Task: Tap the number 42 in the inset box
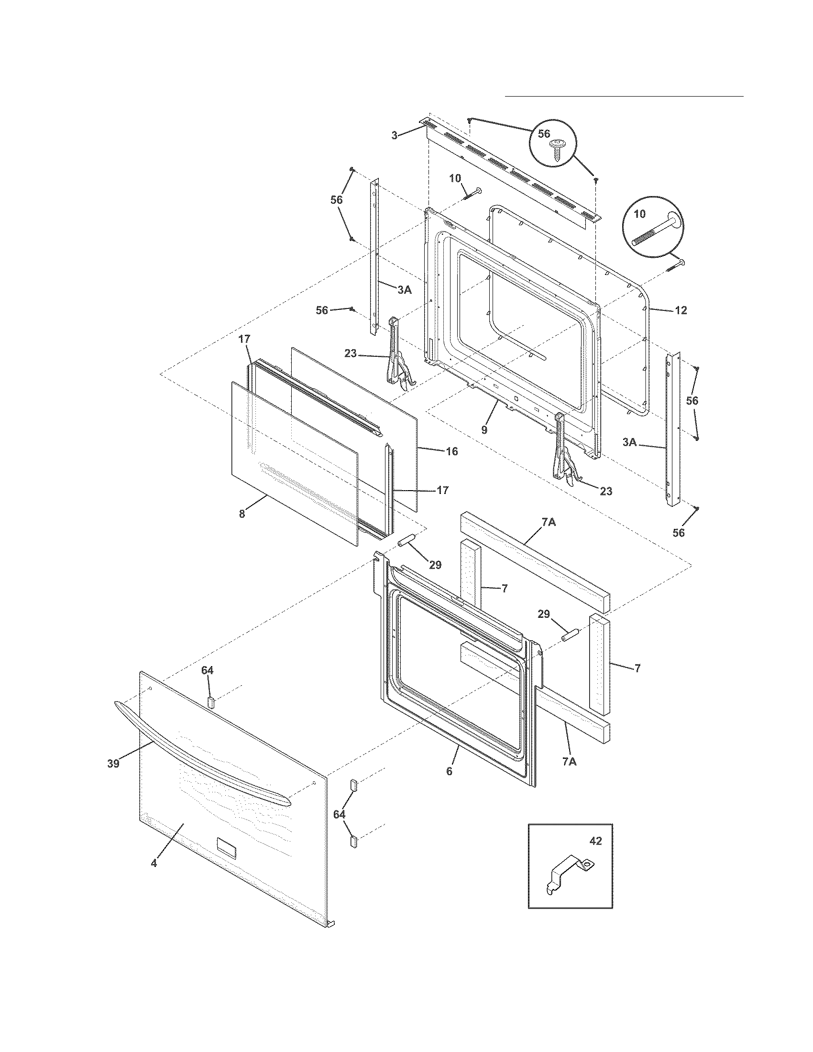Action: tap(595, 841)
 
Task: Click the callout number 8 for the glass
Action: tap(242, 514)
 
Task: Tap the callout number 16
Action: tap(451, 451)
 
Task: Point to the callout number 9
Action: tap(484, 429)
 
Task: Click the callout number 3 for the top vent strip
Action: tap(395, 135)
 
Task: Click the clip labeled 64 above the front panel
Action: tap(210, 701)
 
